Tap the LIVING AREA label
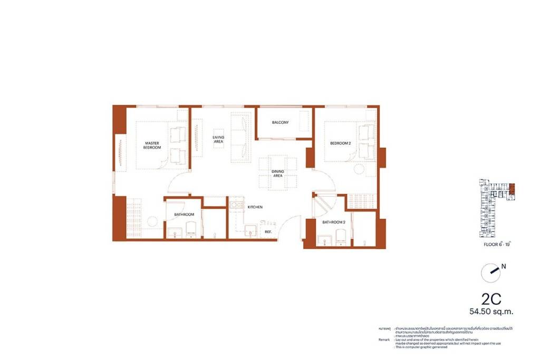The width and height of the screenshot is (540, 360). click(x=218, y=139)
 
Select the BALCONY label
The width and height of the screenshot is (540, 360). click(x=280, y=123)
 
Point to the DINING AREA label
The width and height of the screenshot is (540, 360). click(x=278, y=173)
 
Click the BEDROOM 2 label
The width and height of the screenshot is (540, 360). click(x=340, y=143)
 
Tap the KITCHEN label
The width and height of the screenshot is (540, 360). click(x=255, y=207)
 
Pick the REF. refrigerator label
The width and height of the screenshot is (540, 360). click(x=268, y=232)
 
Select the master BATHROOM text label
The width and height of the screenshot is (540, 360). click(x=185, y=215)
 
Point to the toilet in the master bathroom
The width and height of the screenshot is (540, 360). click(x=191, y=229)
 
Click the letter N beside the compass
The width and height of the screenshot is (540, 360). click(x=504, y=267)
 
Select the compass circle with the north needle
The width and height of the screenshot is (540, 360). click(x=490, y=272)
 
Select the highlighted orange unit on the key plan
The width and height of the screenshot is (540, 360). click(x=512, y=190)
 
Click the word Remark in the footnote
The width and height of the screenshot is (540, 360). click(x=385, y=340)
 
